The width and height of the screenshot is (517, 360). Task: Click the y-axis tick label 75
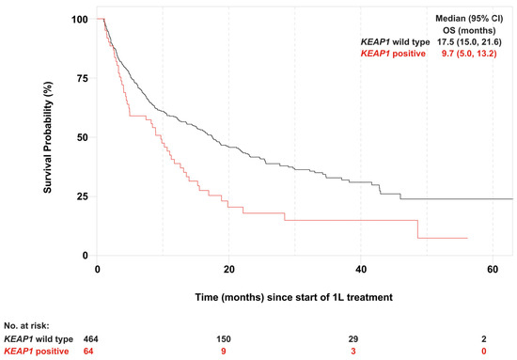point(83,78)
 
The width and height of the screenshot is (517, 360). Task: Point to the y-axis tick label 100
point(80,19)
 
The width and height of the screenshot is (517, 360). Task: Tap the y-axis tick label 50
point(83,137)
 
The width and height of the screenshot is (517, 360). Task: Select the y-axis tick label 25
point(83,196)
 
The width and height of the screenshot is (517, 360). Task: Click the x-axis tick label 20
point(228,270)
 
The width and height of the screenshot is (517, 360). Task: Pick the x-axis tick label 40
point(361,270)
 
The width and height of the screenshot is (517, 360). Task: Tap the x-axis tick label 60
point(493,270)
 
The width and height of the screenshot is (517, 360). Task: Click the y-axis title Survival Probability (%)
point(48,137)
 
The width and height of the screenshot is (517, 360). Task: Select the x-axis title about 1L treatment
point(294,297)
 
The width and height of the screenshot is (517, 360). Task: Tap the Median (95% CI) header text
point(469,19)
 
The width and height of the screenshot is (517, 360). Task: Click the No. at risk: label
point(26,326)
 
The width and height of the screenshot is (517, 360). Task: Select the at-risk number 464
point(90,339)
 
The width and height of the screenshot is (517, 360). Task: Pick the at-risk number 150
point(224,339)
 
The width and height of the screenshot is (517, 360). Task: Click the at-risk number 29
point(353,339)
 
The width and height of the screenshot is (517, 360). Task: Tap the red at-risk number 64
point(88,352)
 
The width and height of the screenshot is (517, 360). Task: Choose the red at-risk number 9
point(224,352)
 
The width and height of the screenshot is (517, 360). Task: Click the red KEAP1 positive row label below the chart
point(37,352)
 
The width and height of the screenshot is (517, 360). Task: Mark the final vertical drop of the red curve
point(417,228)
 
